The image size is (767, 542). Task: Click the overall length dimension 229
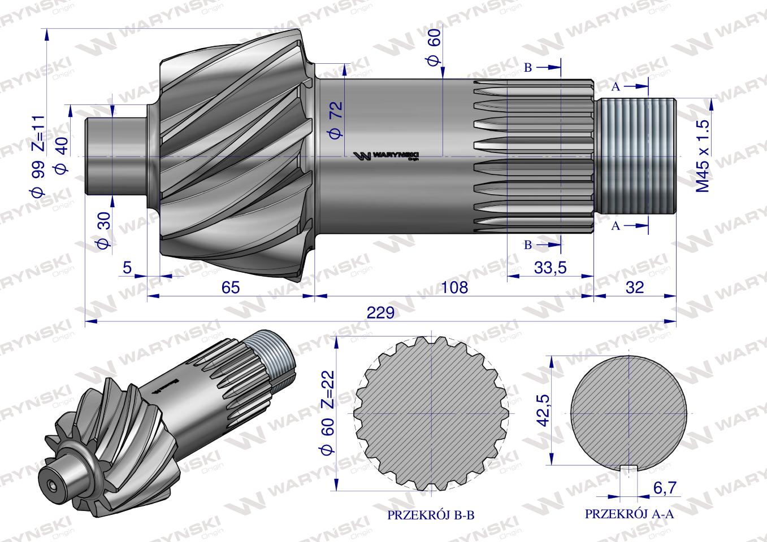click(x=380, y=313)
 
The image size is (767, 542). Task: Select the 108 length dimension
click(x=454, y=287)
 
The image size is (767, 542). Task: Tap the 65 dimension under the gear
click(x=231, y=287)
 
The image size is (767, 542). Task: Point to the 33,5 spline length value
click(x=551, y=268)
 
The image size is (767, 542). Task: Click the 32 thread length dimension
click(x=635, y=287)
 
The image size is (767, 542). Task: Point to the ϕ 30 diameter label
click(x=105, y=230)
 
